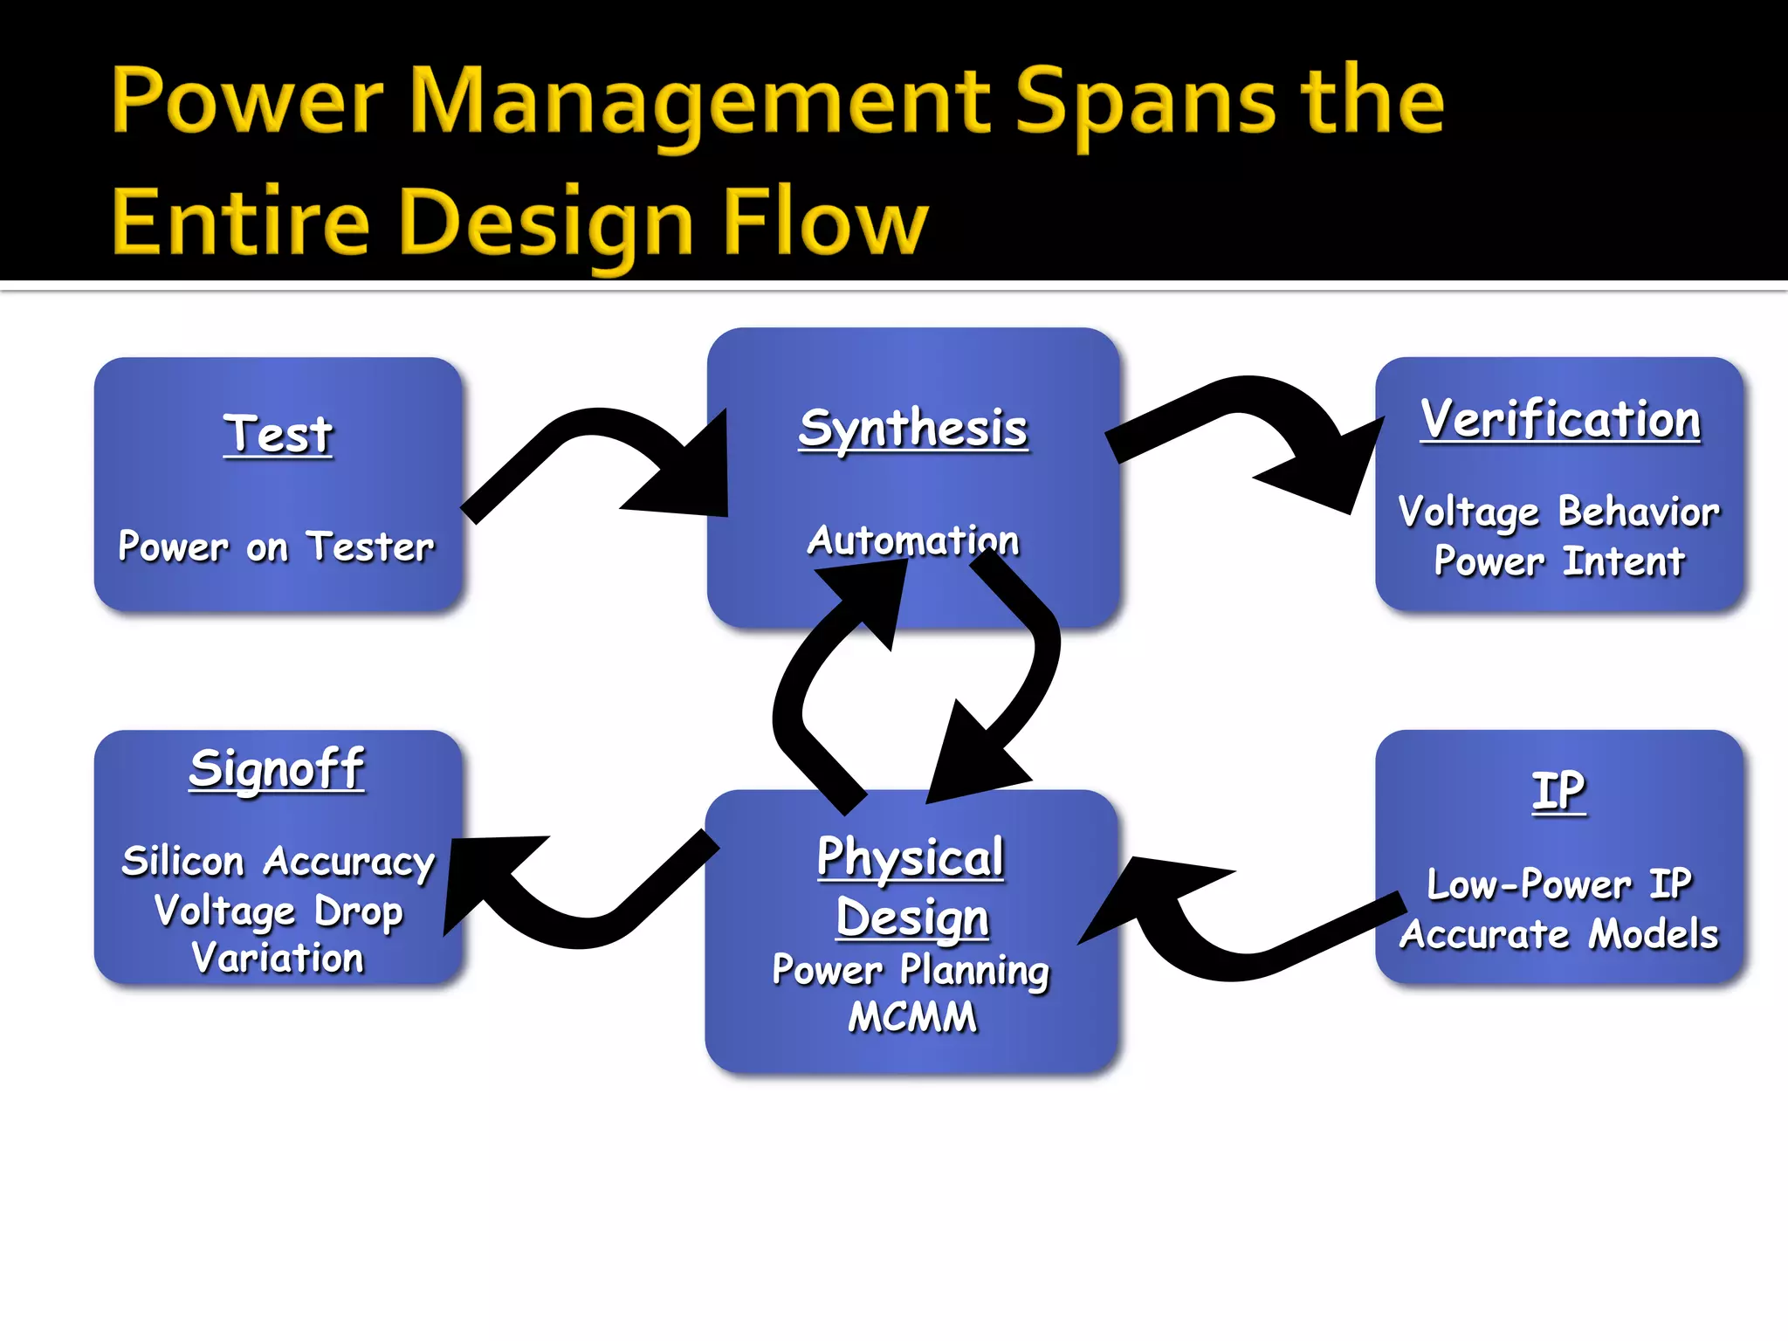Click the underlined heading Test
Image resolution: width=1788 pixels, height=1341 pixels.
click(278, 434)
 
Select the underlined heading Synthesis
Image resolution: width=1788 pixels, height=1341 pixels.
click(913, 428)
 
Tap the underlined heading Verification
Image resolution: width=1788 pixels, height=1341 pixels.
click(1560, 419)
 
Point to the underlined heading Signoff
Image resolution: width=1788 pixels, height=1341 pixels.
click(277, 769)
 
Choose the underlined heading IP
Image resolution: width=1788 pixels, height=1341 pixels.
click(1558, 791)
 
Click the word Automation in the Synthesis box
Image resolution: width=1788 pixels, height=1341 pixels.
click(913, 540)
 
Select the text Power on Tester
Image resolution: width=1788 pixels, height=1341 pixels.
click(276, 547)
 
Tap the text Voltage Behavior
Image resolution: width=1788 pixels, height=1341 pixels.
click(1559, 512)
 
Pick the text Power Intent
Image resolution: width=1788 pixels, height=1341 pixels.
click(1559, 561)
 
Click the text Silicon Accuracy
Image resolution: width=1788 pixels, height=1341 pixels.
click(279, 862)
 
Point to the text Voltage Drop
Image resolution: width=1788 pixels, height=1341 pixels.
click(279, 911)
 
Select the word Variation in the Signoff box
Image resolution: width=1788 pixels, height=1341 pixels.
click(278, 958)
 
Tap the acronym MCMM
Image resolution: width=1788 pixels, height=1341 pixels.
click(912, 1017)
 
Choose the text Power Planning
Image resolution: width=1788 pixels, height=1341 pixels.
click(911, 970)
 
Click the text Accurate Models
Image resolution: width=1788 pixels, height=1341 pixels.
click(1559, 934)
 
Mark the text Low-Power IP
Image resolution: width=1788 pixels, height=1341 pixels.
click(1559, 884)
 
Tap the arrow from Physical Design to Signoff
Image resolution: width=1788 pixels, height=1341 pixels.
click(576, 925)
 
